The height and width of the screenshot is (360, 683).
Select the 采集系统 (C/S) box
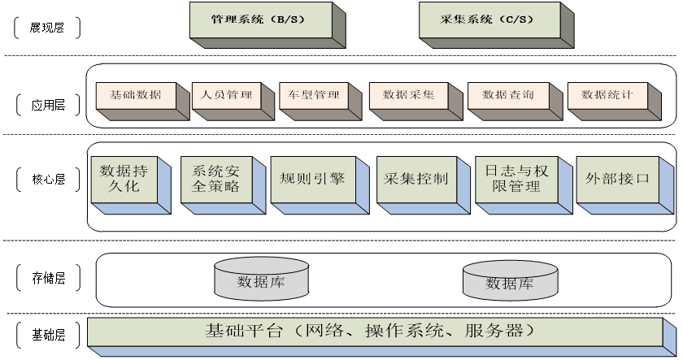click(x=489, y=20)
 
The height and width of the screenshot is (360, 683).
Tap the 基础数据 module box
click(x=135, y=95)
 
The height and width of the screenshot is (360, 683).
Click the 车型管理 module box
click(x=313, y=95)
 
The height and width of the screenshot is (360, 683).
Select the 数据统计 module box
click(x=607, y=95)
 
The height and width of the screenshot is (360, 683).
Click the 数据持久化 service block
click(x=124, y=180)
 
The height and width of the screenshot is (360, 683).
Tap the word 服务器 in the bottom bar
click(x=496, y=332)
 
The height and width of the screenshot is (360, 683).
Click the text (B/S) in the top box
click(x=285, y=20)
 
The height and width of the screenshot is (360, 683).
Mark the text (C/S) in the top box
click(x=516, y=20)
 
